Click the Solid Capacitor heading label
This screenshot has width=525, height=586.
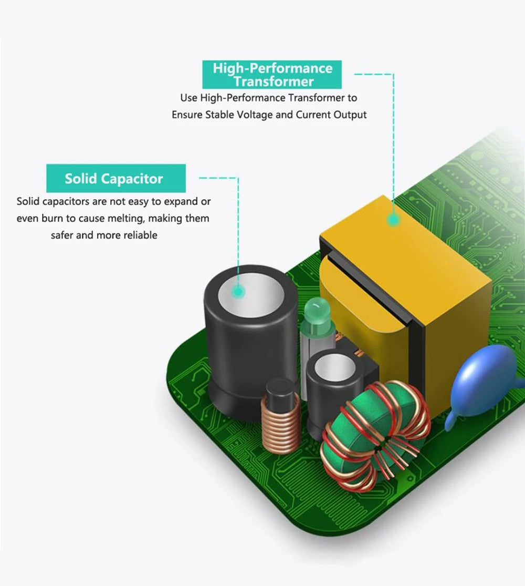click(x=115, y=178)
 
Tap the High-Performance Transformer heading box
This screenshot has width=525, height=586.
click(x=272, y=75)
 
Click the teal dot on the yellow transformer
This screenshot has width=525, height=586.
click(x=393, y=219)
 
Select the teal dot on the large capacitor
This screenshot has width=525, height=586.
click(x=238, y=291)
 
